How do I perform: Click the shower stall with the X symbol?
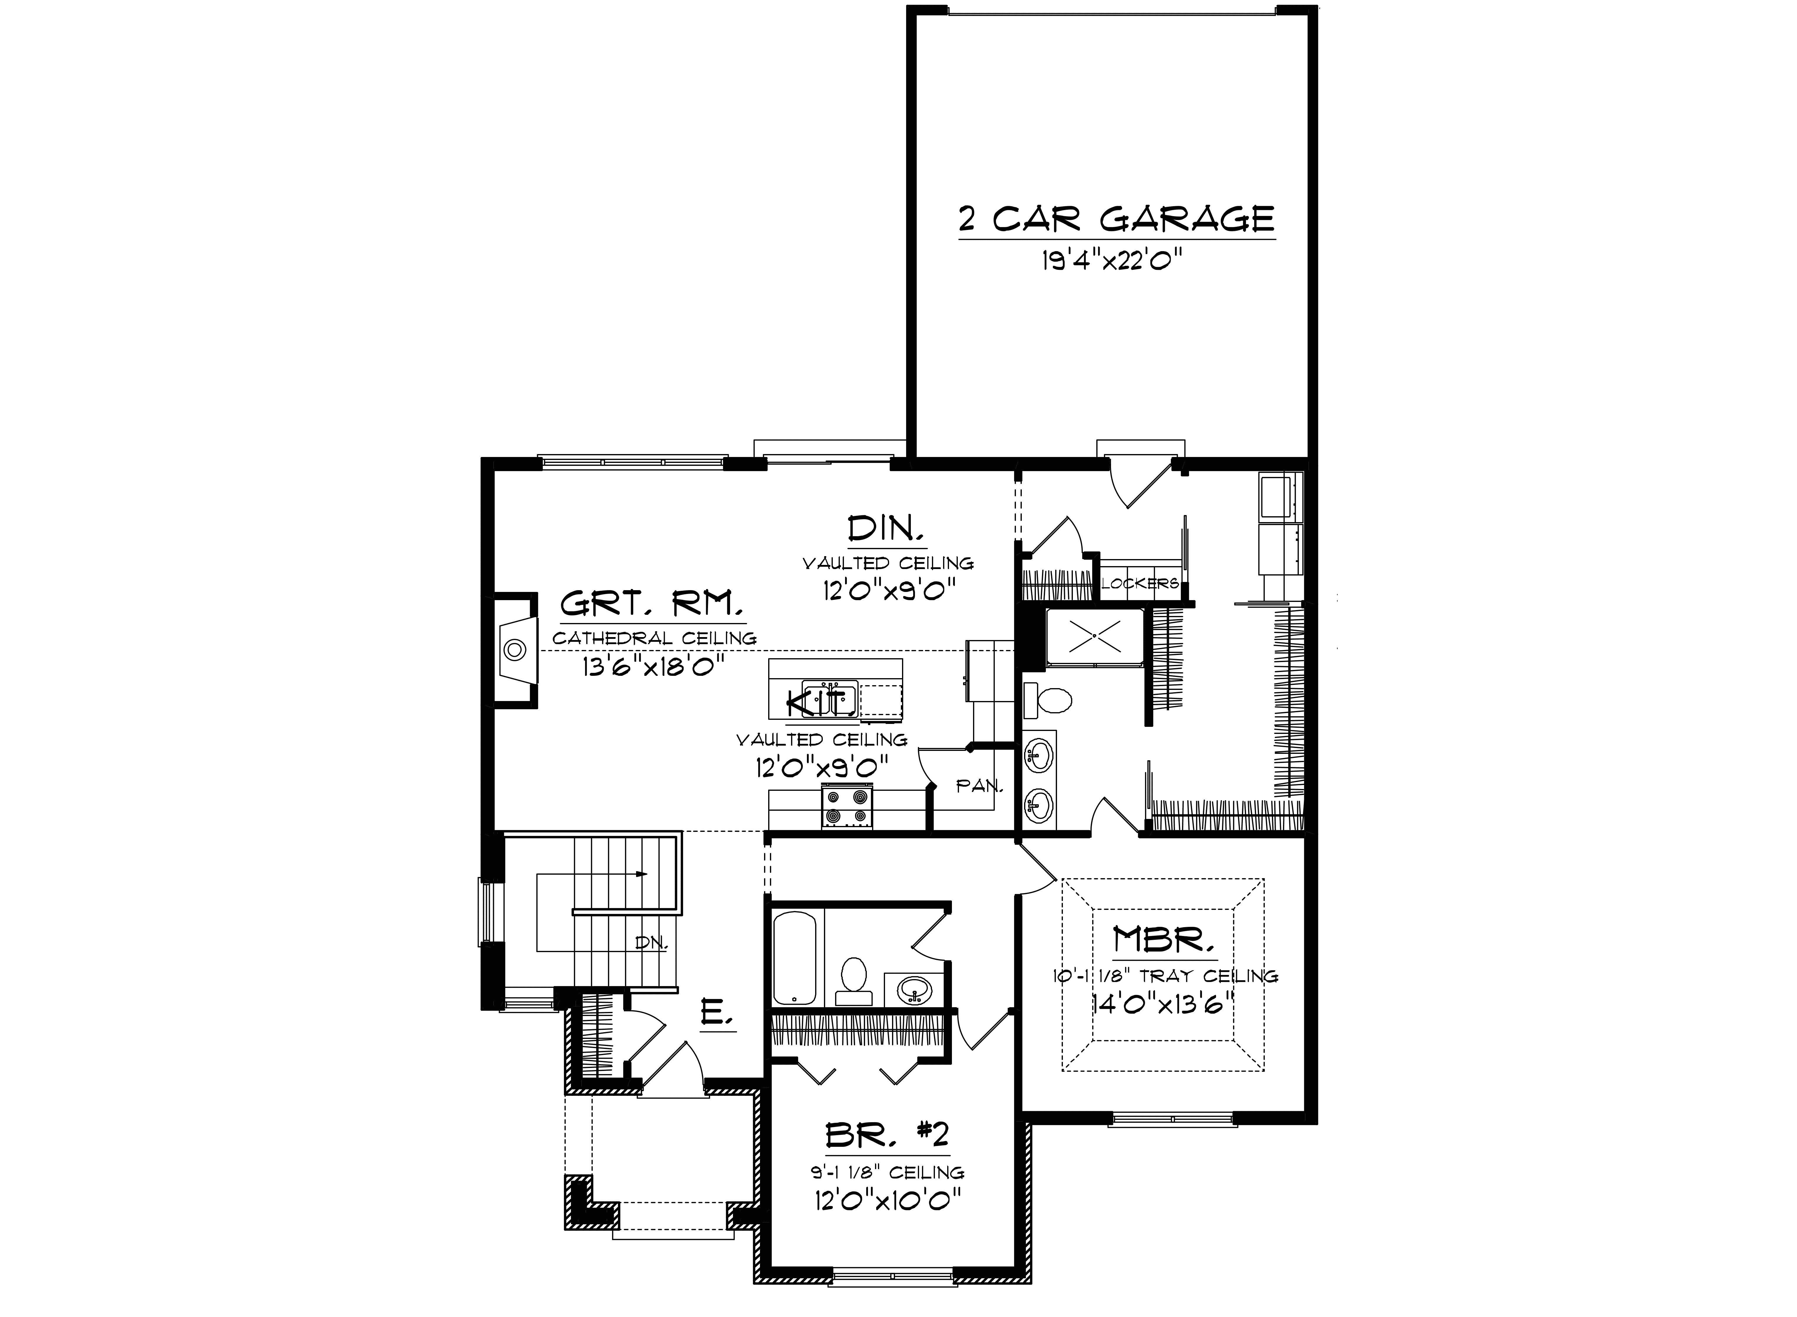click(1094, 636)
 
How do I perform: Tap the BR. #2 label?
click(887, 1135)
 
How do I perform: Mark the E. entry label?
click(715, 1014)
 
